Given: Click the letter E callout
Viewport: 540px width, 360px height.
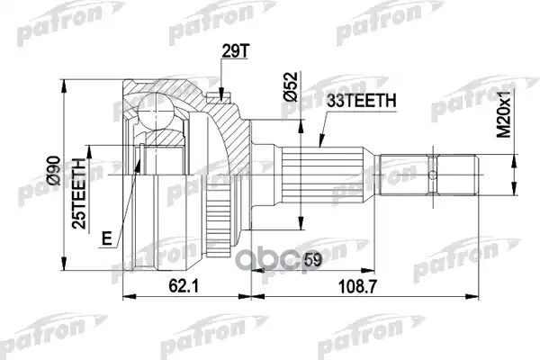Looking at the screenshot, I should coord(107,238).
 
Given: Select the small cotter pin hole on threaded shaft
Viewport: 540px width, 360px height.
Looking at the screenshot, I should coord(436,173).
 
